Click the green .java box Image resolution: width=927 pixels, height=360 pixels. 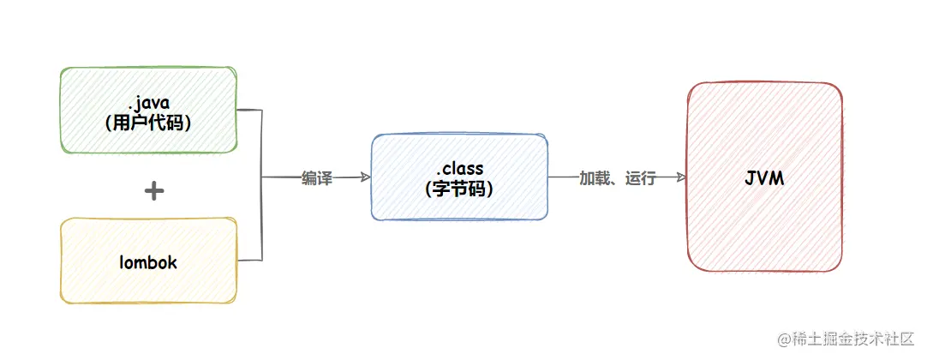pyautogui.click(x=147, y=111)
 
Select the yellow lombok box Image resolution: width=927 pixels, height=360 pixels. pyautogui.click(x=147, y=260)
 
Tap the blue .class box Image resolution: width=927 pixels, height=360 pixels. pyautogui.click(x=459, y=177)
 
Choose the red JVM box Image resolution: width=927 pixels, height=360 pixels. pyautogui.click(x=764, y=177)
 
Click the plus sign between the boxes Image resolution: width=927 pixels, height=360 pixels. pyautogui.click(x=153, y=190)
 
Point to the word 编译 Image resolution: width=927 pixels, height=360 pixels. pyautogui.click(x=316, y=178)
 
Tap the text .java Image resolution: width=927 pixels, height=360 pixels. pyautogui.click(x=147, y=103)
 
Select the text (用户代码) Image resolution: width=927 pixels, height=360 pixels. pyautogui.click(x=147, y=123)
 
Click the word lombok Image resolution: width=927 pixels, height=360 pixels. pyautogui.click(x=147, y=262)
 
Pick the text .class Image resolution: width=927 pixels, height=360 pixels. pyautogui.click(x=459, y=170)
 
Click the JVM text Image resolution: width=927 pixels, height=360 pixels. pyautogui.click(x=764, y=180)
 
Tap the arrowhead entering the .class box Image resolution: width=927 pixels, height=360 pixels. pyautogui.click(x=366, y=177)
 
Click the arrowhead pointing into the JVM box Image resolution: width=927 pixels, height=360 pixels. pyautogui.click(x=682, y=177)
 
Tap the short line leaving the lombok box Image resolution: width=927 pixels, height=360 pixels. pyautogui.click(x=248, y=260)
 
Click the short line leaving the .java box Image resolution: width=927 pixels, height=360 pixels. pyautogui.click(x=248, y=111)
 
